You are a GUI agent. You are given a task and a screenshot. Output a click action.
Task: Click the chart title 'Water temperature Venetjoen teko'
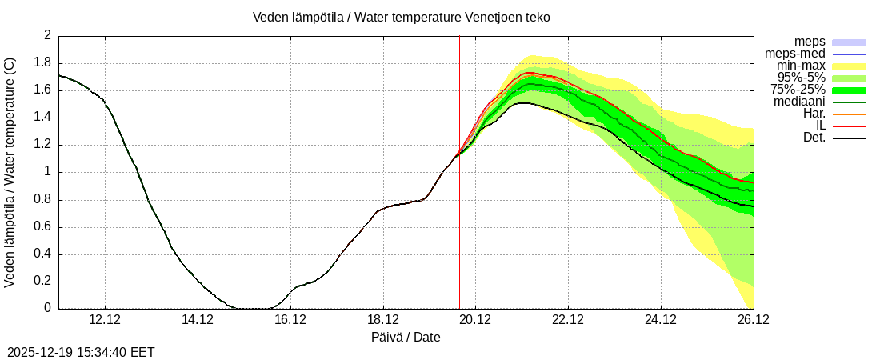click(x=401, y=17)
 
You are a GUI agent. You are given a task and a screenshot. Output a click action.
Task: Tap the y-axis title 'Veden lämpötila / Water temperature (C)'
click(x=10, y=172)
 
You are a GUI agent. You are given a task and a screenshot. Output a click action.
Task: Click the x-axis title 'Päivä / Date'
click(x=406, y=337)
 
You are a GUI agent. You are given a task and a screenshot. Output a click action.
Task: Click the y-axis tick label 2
click(x=47, y=36)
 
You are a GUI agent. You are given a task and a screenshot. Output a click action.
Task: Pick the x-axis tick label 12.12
click(x=105, y=319)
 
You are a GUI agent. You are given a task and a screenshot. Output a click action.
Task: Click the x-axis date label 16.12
click(x=290, y=319)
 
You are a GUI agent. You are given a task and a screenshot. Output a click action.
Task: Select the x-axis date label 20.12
click(x=475, y=319)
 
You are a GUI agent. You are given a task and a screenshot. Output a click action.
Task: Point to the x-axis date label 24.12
click(x=661, y=319)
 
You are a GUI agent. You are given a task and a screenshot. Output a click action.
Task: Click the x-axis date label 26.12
click(x=753, y=319)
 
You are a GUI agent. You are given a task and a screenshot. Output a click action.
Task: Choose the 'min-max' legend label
click(x=801, y=66)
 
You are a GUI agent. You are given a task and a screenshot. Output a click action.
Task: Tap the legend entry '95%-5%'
click(x=802, y=78)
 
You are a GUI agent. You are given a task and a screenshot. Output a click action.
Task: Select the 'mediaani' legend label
click(x=798, y=102)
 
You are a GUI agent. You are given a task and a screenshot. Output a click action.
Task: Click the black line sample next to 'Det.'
click(x=849, y=138)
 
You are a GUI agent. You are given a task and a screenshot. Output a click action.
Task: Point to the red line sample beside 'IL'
click(x=849, y=126)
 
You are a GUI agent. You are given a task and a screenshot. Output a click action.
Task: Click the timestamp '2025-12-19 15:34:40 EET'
click(x=81, y=352)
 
